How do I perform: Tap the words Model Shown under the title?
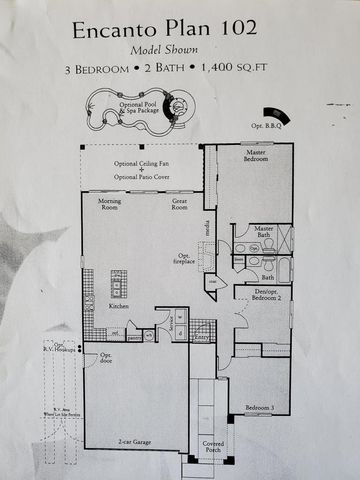point(163,49)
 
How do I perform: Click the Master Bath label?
point(264,232)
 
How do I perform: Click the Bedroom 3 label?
point(259,407)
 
